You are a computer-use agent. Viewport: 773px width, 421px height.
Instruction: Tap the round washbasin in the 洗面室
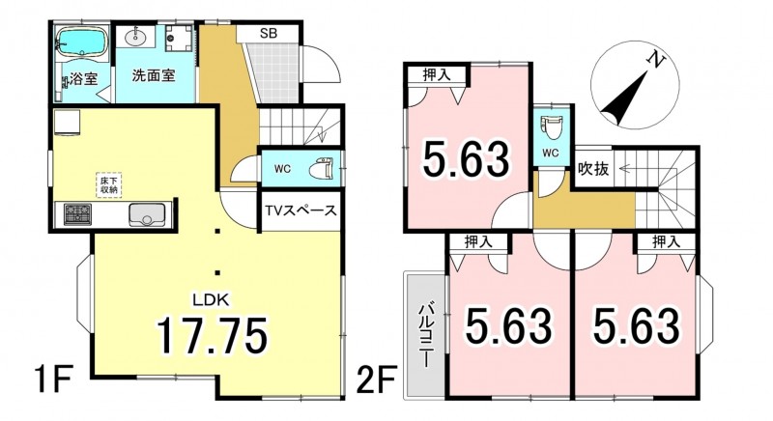pyautogui.click(x=133, y=36)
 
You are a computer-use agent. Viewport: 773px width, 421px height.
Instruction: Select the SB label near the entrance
pyautogui.click(x=269, y=34)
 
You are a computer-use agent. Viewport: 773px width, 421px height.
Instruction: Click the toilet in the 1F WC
pyautogui.click(x=321, y=168)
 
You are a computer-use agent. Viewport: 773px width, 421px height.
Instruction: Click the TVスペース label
pyautogui.click(x=301, y=210)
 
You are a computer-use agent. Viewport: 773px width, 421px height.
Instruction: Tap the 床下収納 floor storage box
pyautogui.click(x=108, y=184)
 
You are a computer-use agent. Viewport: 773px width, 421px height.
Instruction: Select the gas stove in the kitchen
pyautogui.click(x=77, y=214)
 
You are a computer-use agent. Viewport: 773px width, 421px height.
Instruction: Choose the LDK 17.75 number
pyautogui.click(x=213, y=335)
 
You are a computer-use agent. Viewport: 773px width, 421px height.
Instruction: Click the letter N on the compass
pyautogui.click(x=655, y=60)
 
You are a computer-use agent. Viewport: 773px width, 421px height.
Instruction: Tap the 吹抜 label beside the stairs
pyautogui.click(x=593, y=169)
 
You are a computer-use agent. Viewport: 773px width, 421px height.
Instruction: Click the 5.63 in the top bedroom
pyautogui.click(x=466, y=158)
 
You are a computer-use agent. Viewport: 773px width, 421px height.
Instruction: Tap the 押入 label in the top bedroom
pyautogui.click(x=437, y=74)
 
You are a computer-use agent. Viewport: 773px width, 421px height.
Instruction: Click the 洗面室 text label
pyautogui.click(x=154, y=75)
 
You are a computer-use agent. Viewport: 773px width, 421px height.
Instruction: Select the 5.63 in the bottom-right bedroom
pyautogui.click(x=637, y=325)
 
